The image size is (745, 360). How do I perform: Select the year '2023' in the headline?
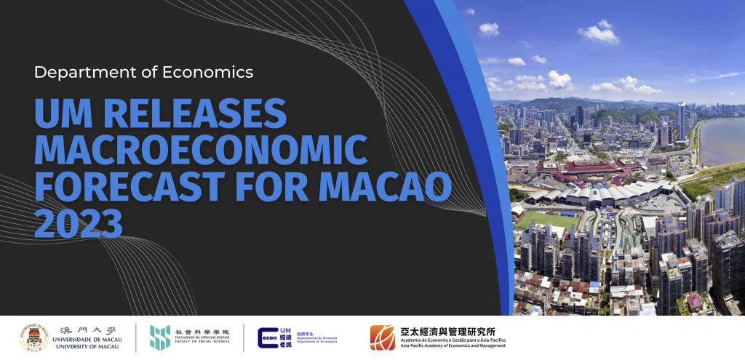pyautogui.click(x=79, y=223)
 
